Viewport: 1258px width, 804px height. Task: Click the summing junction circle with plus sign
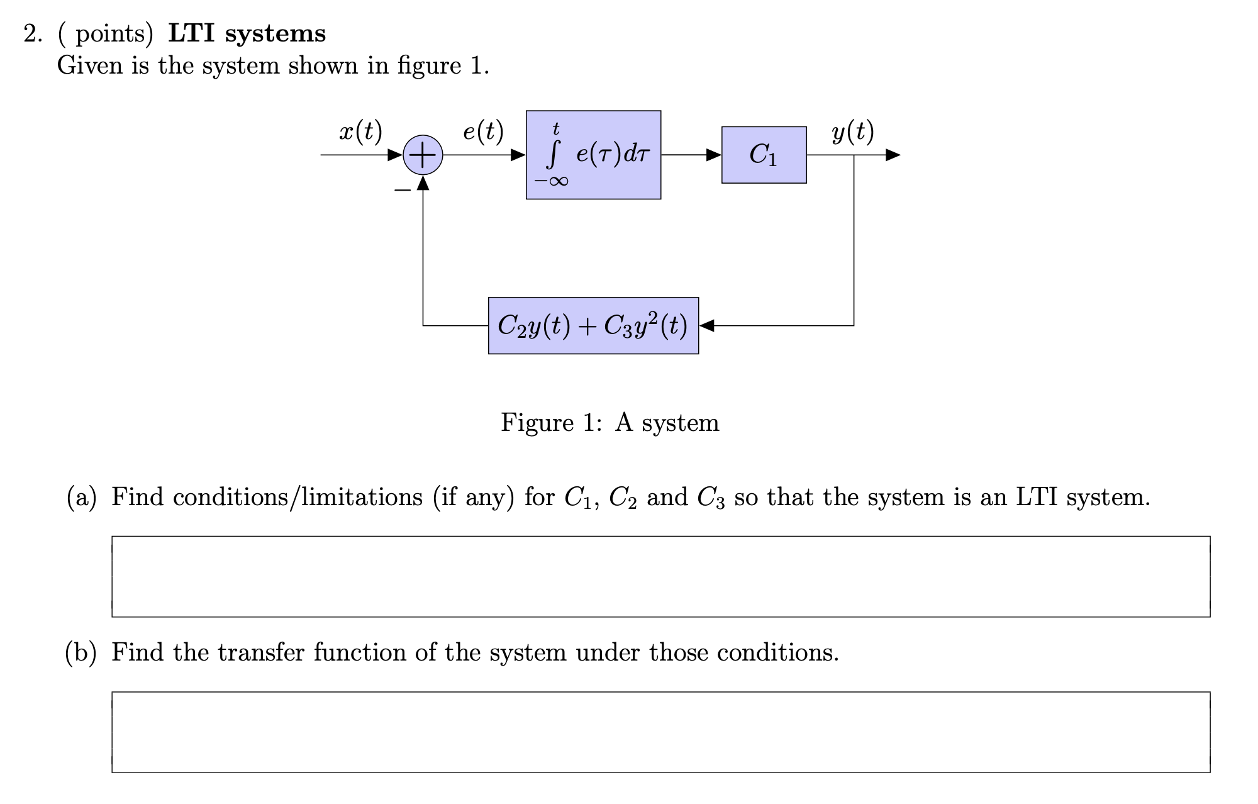(423, 155)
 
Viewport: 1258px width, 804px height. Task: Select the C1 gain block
(764, 155)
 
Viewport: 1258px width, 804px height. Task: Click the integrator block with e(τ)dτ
(593, 155)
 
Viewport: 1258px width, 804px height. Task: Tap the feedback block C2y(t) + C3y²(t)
(593, 325)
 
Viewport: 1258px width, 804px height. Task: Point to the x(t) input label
(360, 131)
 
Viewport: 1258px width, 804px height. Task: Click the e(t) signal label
(483, 131)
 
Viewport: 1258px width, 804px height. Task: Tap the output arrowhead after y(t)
(893, 155)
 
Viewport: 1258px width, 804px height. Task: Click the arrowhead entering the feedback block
(706, 325)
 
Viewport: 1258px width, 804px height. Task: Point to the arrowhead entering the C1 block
(714, 155)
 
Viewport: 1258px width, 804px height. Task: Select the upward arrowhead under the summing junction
(423, 183)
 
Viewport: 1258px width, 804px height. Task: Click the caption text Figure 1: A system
(610, 422)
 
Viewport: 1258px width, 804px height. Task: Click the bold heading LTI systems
(247, 33)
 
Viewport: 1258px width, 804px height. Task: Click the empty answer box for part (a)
(660, 576)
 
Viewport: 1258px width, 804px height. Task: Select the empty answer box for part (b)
(660, 732)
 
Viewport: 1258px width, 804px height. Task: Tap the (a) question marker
(82, 498)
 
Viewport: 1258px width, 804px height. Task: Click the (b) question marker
(81, 652)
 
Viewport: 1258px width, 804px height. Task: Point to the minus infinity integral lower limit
(552, 181)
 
